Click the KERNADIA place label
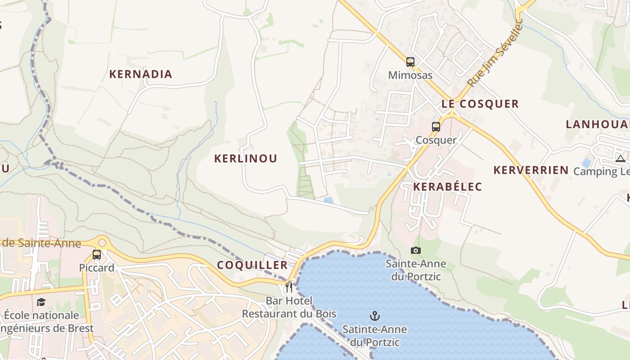coord(140,74)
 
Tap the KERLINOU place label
coord(245,158)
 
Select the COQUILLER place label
coord(252,265)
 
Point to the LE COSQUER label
coord(480,104)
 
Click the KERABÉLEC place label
coord(447,187)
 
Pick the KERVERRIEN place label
coord(531,170)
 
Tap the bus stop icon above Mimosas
coord(410,62)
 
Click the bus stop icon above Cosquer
coord(436,127)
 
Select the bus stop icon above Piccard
coord(96,255)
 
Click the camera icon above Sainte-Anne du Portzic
coord(416,250)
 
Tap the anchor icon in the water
coord(374,316)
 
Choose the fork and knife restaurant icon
coord(289,287)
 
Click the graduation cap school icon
coord(41,302)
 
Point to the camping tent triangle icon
coord(621,158)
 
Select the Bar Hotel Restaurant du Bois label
coord(289,307)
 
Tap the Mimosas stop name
coord(410,75)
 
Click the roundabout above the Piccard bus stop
coord(102,243)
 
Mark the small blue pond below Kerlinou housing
coord(328,200)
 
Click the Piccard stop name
coord(97,268)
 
